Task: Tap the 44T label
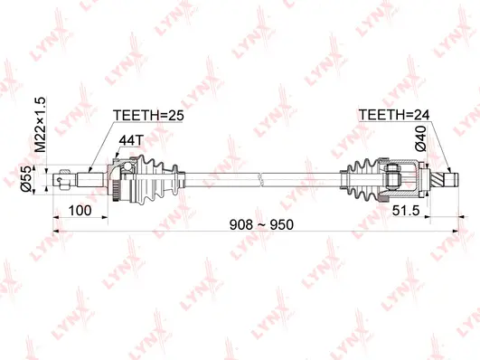[131, 141]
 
